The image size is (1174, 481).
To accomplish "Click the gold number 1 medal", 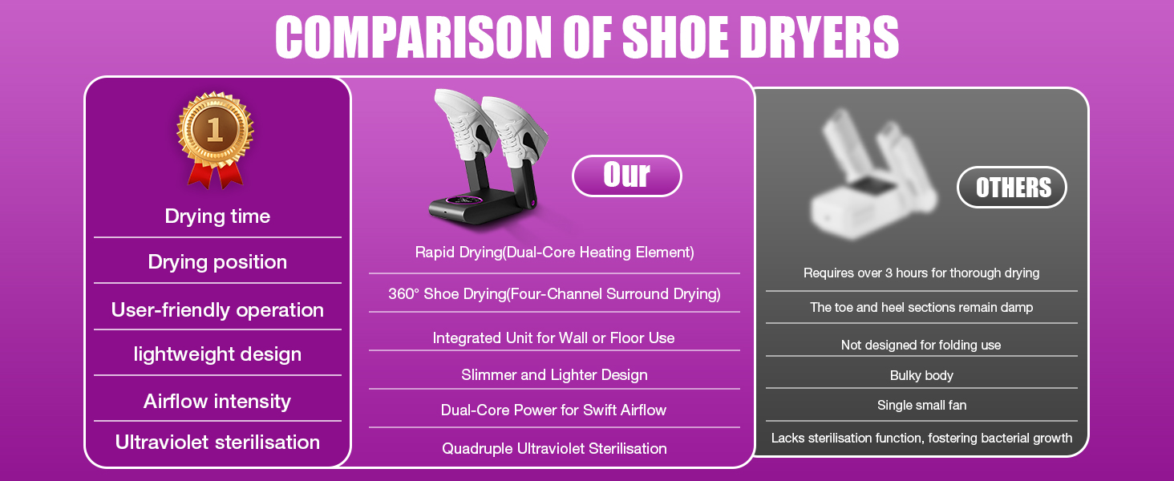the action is [215, 139].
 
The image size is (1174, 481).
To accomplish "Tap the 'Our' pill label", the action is [627, 176].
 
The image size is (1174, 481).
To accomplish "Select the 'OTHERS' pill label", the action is [1012, 187].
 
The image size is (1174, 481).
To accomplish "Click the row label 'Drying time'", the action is [217, 216].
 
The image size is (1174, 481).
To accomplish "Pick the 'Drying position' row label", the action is [217, 262].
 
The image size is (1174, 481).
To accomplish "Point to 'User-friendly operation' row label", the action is [217, 309].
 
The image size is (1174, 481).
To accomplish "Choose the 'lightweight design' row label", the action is [217, 354].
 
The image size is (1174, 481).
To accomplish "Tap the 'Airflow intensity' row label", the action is [217, 402].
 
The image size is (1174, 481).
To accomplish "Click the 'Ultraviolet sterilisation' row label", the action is [217, 443].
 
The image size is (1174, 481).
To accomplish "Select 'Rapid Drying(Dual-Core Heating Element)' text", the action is [554, 253].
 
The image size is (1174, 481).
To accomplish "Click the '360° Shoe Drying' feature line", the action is [554, 294].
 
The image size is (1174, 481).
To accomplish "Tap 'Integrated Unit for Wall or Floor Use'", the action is [553, 338].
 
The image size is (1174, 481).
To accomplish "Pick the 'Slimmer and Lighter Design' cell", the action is [554, 375].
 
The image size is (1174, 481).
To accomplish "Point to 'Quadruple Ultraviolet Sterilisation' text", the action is [554, 448].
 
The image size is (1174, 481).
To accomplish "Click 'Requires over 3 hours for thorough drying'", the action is [921, 273].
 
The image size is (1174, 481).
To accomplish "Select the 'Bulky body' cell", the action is [921, 376].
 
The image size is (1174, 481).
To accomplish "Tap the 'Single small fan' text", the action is [922, 405].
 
